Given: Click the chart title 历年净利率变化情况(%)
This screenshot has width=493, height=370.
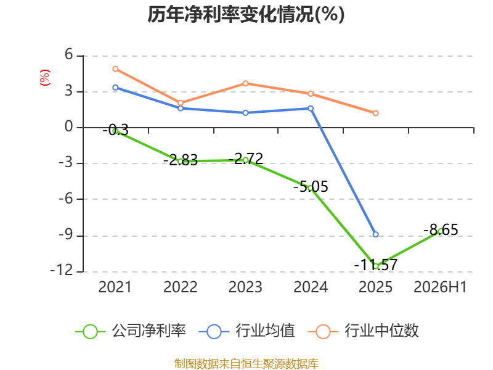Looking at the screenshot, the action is (246, 14).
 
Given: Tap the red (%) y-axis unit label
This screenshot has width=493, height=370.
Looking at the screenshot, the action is (45, 78).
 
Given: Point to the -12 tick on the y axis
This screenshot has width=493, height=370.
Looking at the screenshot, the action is (62, 271).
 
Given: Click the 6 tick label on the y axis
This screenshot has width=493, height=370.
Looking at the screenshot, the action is (69, 54).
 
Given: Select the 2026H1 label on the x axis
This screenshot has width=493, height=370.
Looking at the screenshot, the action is (440, 287).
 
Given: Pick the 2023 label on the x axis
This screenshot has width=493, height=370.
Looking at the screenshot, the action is (245, 287).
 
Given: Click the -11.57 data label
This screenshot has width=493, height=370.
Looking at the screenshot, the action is (376, 265).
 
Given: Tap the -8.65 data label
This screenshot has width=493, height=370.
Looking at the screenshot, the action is (441, 229).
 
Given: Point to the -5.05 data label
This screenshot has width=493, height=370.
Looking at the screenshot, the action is (311, 187).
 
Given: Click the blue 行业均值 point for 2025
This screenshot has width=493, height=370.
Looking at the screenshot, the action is (375, 234).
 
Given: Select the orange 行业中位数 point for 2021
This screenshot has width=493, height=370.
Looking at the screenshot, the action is (115, 69).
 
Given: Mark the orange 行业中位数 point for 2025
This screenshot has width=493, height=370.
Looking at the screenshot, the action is (375, 113).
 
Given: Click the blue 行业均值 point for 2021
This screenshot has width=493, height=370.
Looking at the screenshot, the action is (115, 88).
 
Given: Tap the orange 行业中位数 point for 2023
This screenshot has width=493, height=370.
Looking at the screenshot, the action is (245, 83).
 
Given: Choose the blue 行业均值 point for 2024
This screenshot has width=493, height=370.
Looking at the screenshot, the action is (311, 109).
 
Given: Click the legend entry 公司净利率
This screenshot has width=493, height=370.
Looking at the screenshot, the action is (131, 331).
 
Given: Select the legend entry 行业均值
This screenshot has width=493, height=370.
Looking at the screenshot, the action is (247, 331).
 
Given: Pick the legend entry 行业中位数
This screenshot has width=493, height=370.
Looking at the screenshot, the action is (364, 331).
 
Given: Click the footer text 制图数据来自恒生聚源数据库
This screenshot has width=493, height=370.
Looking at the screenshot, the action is (246, 364).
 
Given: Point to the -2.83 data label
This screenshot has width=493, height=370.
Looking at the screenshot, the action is (181, 160).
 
